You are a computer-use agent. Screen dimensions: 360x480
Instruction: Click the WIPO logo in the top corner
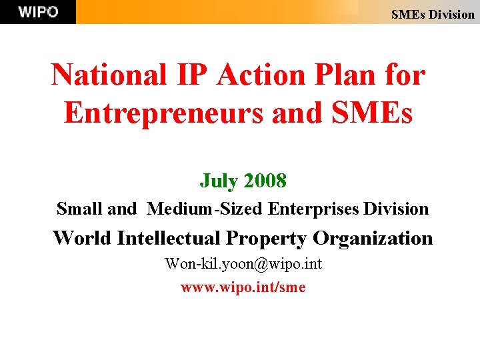point(38,12)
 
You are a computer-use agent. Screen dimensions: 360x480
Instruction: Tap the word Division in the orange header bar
point(451,14)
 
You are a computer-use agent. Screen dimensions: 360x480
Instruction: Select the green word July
point(219,180)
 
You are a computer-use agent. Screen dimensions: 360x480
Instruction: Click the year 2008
point(265,180)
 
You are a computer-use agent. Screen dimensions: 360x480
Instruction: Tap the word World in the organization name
point(82,238)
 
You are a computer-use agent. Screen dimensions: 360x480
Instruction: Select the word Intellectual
point(170,238)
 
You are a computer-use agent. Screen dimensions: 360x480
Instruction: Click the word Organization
point(373,238)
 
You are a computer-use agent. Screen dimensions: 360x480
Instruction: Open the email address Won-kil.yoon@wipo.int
point(243,264)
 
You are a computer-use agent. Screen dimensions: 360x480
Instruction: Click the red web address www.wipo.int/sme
point(243,287)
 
